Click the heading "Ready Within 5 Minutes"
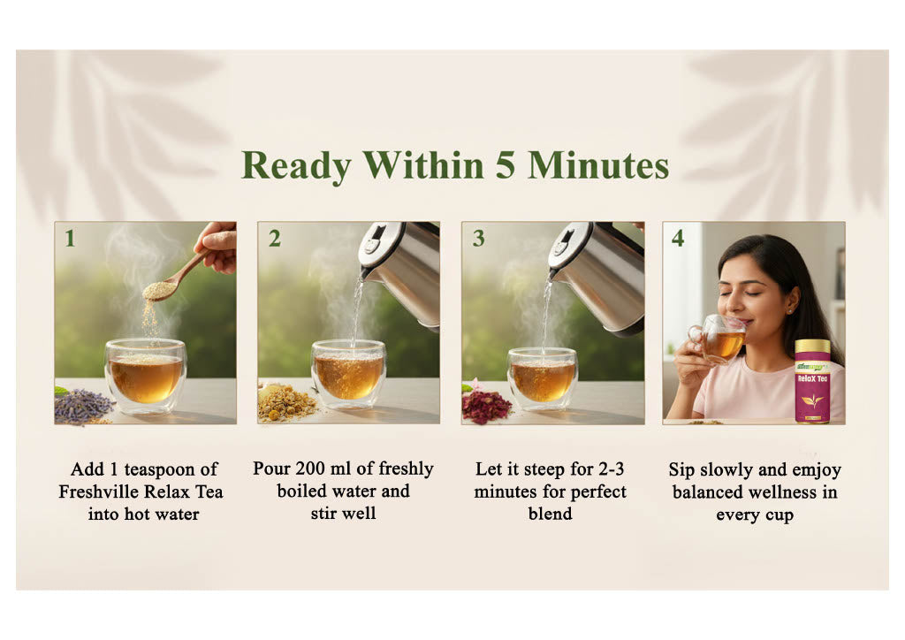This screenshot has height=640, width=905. pos(454,165)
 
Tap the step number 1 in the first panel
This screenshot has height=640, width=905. pos(70,239)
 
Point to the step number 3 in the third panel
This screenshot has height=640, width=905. pos(478,239)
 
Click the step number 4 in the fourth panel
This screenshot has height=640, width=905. pos(678,239)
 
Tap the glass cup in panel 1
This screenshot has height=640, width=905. pos(145,375)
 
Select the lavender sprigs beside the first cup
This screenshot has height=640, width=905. pos(83,406)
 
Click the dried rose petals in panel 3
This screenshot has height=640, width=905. pos(486,406)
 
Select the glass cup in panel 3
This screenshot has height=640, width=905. pos(543,377)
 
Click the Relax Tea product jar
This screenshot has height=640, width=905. pos(811,381)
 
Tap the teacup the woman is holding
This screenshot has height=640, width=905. pos(720,340)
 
